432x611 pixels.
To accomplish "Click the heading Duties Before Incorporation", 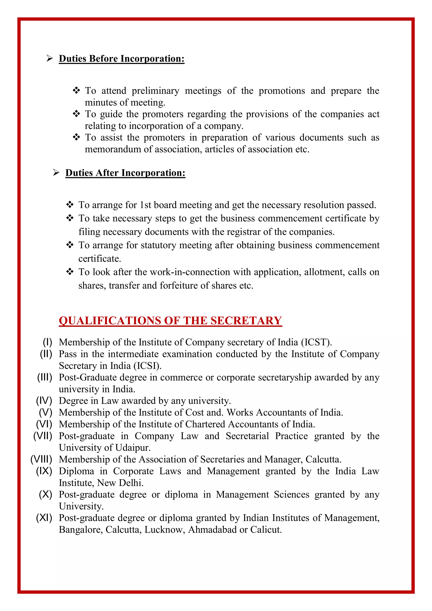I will tap(121, 59).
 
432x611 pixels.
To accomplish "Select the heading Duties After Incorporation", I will tap(125, 173).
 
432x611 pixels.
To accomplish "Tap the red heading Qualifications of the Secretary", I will tap(170, 321).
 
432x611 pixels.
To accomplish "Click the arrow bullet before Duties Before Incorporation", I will tap(50, 58).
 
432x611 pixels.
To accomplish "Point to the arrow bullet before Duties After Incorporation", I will tap(56, 173).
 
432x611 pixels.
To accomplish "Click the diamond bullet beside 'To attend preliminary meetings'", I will tap(76, 91).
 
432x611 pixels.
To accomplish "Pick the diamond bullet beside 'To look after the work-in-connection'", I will tap(70, 272).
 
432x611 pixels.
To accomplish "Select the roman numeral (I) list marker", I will tap(47, 342).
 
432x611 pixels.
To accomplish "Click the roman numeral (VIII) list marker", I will tap(41, 459).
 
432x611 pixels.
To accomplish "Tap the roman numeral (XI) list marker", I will tap(44, 518).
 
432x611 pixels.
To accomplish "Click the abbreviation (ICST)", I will tap(316, 342).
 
